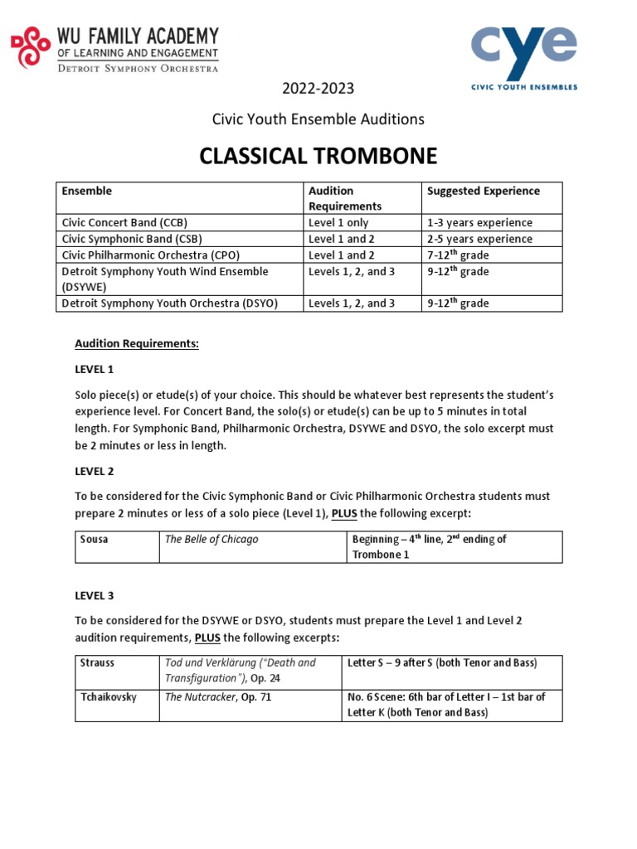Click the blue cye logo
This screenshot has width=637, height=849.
(x=524, y=50)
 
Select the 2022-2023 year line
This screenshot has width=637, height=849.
(x=318, y=89)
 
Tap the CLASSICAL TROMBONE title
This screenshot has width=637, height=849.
(x=318, y=156)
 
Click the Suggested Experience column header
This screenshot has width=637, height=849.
(x=483, y=192)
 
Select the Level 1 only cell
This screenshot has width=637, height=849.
(x=338, y=223)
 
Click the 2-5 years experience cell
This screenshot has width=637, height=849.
(x=479, y=239)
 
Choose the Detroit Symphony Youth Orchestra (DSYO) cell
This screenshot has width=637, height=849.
(x=170, y=303)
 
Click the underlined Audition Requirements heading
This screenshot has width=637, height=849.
(x=137, y=343)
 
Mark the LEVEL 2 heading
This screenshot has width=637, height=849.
(x=96, y=471)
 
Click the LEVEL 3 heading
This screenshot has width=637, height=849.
(x=96, y=595)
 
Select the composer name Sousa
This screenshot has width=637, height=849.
(x=95, y=540)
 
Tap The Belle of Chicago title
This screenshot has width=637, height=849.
(x=212, y=540)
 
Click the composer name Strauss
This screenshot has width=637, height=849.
(x=98, y=663)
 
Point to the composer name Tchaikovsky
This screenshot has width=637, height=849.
(x=108, y=697)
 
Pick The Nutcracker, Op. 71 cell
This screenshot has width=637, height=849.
(x=218, y=697)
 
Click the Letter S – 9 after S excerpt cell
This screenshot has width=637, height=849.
(x=443, y=663)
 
